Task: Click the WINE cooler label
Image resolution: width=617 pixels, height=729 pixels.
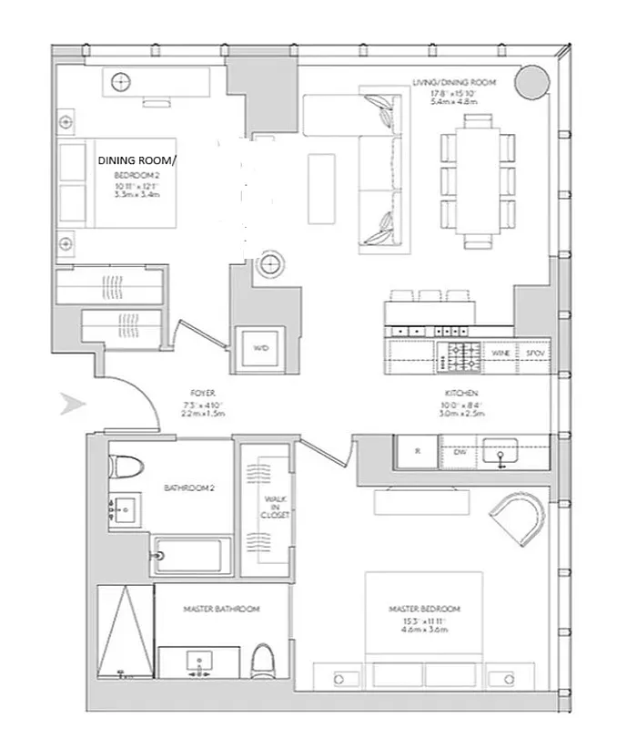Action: pyautogui.click(x=499, y=352)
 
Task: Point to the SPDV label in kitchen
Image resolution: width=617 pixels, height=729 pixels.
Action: pyautogui.click(x=533, y=352)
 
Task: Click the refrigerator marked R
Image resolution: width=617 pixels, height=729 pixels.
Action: pyautogui.click(x=417, y=451)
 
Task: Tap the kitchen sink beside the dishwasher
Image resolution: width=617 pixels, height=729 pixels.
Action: pyautogui.click(x=501, y=450)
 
